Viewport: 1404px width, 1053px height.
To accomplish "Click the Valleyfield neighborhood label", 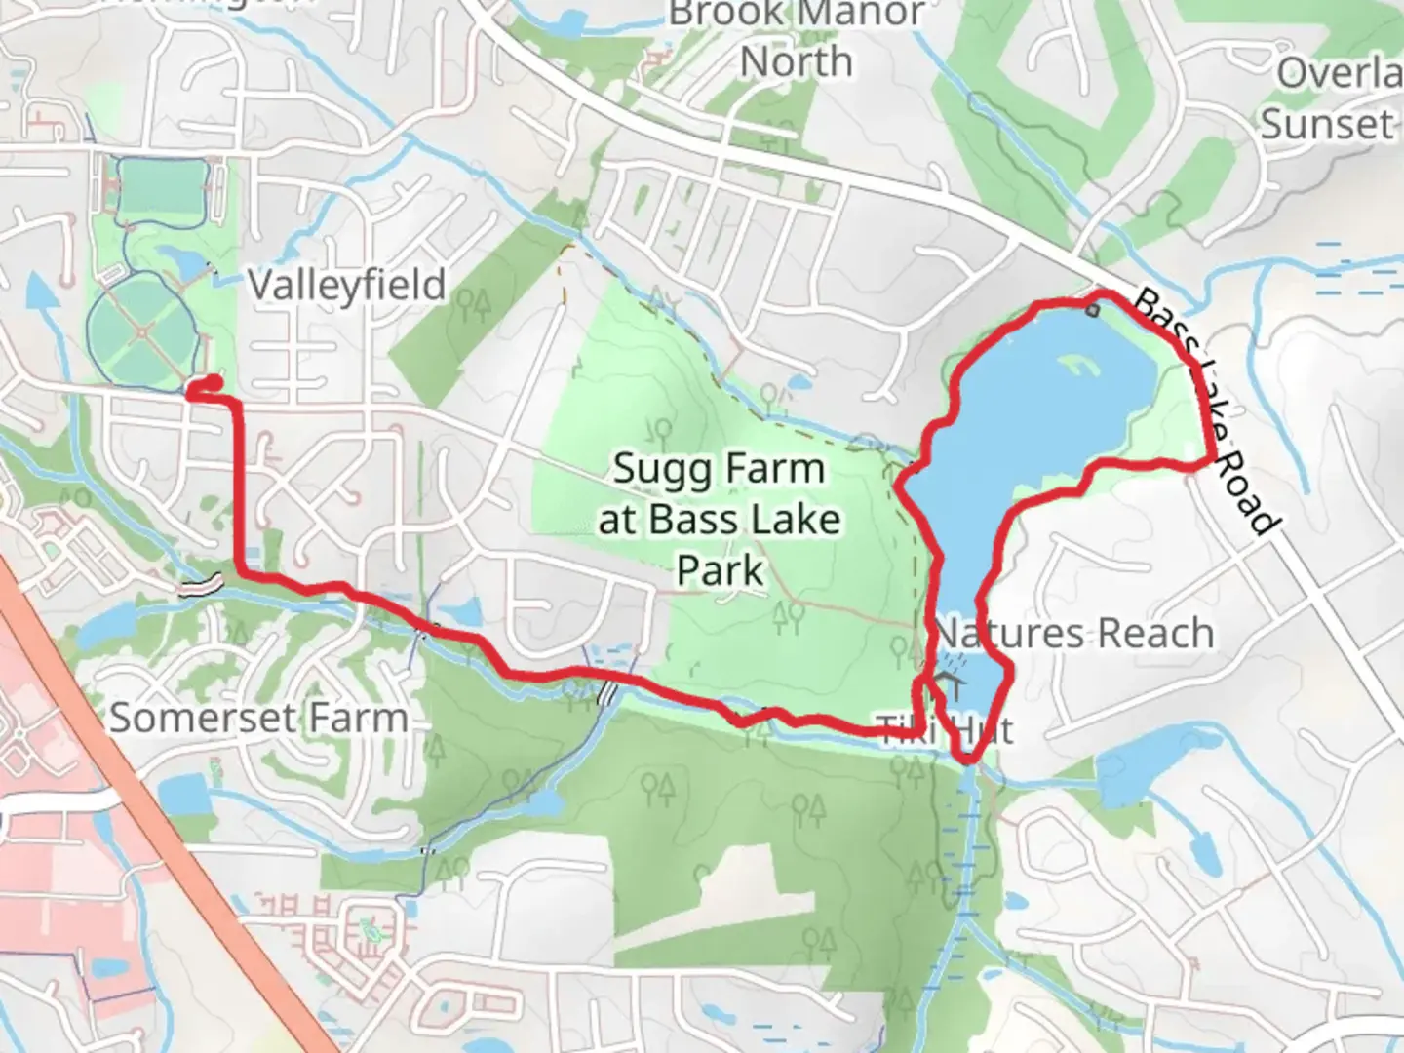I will tap(346, 285).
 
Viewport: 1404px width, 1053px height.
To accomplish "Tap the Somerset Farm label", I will tap(258, 719).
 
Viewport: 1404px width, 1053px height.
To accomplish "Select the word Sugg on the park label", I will tap(653, 470).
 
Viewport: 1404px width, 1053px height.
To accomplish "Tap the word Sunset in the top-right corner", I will tap(1326, 125).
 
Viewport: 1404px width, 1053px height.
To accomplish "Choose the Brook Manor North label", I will tap(797, 39).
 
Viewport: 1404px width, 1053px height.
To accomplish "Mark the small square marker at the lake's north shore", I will tap(1092, 311).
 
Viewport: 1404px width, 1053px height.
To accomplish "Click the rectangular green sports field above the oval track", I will tap(162, 186).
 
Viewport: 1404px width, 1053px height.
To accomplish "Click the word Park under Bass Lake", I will tap(721, 570).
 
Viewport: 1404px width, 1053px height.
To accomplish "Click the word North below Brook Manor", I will tap(797, 62).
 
